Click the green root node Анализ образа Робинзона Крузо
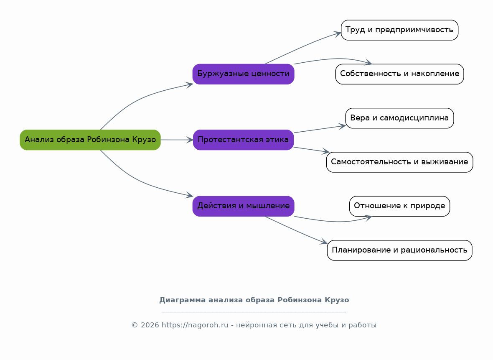[90, 140]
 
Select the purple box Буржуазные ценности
[243, 74]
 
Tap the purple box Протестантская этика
[243, 140]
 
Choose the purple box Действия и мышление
[243, 206]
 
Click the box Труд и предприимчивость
[399, 30]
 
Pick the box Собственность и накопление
[399, 74]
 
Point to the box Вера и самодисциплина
[399, 118]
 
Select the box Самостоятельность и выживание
[399, 162]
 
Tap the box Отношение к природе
[399, 206]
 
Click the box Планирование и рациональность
[399, 250]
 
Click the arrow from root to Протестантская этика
[177, 140]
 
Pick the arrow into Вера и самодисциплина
[320, 129]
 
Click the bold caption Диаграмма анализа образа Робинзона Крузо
[254, 300]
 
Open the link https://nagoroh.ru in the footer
[195, 325]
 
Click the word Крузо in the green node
[144, 140]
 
